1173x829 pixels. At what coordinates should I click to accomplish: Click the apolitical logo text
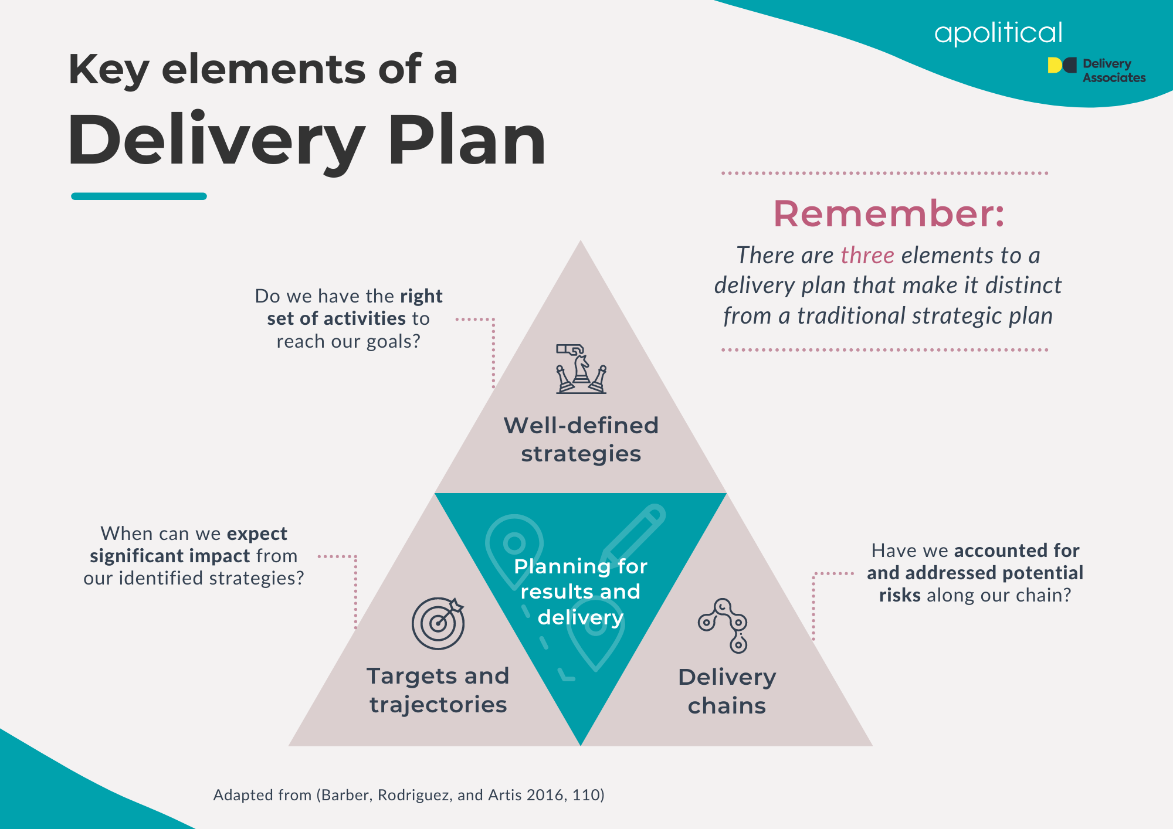coord(998,33)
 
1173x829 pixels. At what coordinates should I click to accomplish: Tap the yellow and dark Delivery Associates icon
coord(1062,65)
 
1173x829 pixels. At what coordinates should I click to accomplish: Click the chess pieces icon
coord(581,369)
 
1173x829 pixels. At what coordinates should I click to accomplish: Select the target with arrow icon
coord(438,623)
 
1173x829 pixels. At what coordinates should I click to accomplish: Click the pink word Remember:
coord(889,213)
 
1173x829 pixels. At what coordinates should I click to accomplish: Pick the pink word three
coord(867,256)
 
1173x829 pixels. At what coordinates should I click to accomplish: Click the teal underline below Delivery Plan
coord(139,196)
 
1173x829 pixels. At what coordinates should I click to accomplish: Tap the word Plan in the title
coord(466,141)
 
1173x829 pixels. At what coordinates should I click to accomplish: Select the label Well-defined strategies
coord(581,439)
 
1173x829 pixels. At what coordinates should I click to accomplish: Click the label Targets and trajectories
coord(438,690)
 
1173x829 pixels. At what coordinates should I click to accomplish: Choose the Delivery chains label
coord(727,691)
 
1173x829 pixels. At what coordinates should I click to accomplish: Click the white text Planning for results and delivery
coord(581,592)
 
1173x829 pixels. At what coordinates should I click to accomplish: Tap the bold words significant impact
coord(170,556)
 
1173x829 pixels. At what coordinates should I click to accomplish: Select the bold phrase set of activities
coord(336,318)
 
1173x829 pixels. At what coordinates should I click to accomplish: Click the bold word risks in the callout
coord(900,595)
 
